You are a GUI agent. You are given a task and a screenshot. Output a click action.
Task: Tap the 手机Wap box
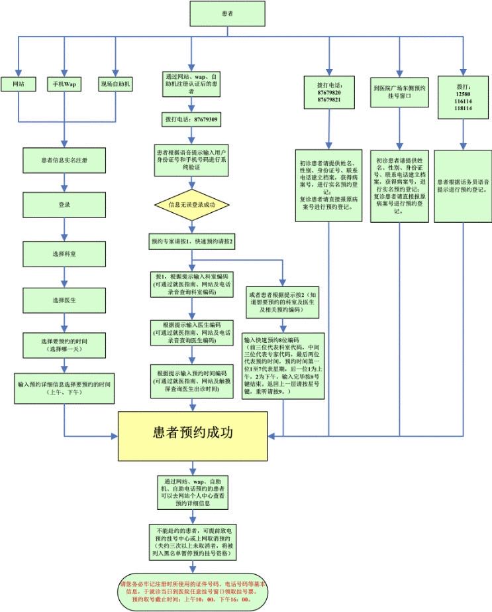tap(64, 84)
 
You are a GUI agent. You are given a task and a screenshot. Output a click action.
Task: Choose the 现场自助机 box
tap(116, 84)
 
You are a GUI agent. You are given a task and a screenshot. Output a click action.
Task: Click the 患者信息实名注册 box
tap(64, 160)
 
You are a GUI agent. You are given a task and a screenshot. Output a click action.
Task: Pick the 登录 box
tap(64, 206)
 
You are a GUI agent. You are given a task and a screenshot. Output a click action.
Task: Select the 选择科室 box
tap(64, 253)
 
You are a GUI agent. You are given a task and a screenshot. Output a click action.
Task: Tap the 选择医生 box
tap(64, 300)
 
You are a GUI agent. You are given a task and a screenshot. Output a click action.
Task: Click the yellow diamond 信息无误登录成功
tap(191, 204)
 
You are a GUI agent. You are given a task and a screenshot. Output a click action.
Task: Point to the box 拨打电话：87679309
tap(191, 119)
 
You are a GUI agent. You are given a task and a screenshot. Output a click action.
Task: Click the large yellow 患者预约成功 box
tap(193, 435)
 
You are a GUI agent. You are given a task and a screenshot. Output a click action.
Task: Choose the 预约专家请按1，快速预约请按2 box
tap(191, 242)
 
